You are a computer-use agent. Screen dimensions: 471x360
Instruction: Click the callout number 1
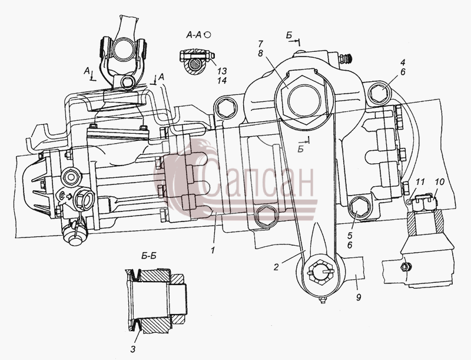213,249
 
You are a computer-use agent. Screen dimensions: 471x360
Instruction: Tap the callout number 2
276,267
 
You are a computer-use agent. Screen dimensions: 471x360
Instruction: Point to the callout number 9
358,297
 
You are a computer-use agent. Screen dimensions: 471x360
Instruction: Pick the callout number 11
420,182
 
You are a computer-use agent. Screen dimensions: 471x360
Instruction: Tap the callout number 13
223,71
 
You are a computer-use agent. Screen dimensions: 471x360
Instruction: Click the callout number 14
223,81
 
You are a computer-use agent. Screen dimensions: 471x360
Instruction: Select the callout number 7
261,44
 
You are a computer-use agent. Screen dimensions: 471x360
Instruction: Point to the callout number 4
403,62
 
